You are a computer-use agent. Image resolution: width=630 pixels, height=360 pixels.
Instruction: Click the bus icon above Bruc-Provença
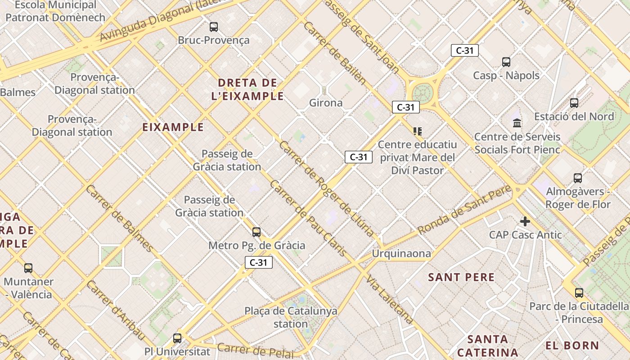tap(214, 27)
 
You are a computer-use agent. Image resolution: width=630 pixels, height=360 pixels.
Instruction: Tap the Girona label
tap(326, 103)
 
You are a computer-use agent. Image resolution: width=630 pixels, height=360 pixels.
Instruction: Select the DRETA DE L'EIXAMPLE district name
tap(247, 89)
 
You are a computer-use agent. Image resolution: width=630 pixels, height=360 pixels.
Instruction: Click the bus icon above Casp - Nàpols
tap(506, 62)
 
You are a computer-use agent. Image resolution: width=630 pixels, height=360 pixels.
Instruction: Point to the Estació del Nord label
tap(574, 117)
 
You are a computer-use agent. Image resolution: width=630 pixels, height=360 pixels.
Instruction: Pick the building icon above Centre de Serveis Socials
tap(517, 123)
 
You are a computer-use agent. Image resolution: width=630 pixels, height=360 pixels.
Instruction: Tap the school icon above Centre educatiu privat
tap(418, 131)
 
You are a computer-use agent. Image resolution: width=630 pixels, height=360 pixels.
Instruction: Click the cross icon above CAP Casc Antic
tap(525, 221)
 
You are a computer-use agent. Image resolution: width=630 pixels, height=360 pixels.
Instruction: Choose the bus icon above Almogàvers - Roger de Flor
tap(578, 178)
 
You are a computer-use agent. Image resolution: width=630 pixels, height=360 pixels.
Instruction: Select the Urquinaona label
tap(401, 253)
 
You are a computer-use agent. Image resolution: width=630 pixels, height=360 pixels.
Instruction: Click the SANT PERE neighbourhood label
tap(461, 277)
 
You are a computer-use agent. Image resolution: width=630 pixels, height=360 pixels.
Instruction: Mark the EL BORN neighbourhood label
tap(572, 346)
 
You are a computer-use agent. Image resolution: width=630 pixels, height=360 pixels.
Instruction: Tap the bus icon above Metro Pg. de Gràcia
tap(256, 232)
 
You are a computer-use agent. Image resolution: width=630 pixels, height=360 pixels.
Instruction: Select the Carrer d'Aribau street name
tap(116, 310)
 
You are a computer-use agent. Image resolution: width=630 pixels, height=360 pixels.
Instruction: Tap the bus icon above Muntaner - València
tap(28, 268)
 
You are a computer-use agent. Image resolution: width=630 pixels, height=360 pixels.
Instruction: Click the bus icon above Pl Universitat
tap(177, 338)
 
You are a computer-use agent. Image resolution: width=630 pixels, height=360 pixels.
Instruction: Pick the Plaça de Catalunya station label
tap(291, 317)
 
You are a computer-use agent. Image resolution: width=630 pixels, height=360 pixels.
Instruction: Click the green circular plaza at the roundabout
tap(422, 93)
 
